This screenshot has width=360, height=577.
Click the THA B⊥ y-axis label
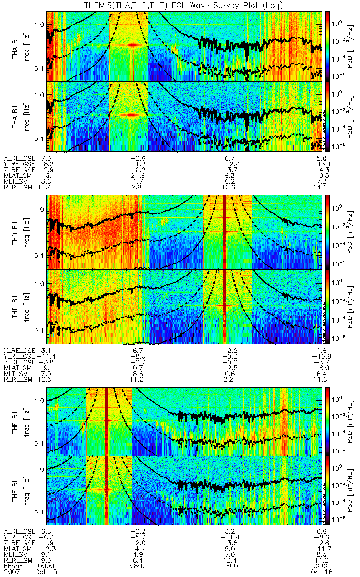point(16,46)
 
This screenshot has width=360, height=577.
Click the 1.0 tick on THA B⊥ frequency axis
point(39,24)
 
